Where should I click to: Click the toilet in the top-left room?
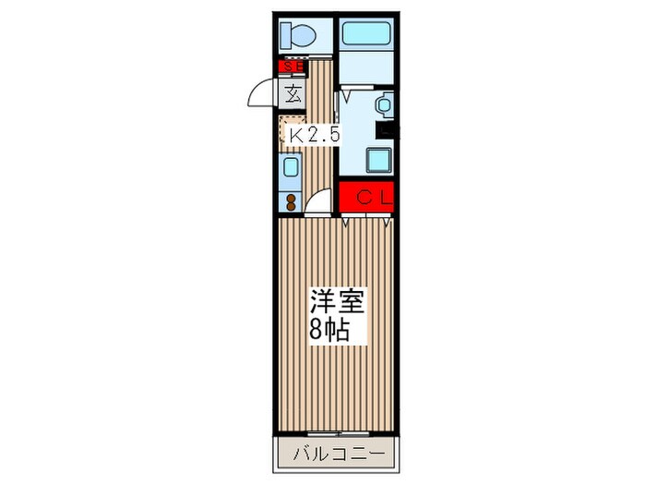click(298, 36)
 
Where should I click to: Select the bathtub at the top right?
click(366, 34)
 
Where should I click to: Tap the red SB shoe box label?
click(293, 66)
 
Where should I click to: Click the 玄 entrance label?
click(293, 92)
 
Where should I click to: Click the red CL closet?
click(366, 197)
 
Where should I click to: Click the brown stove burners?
click(291, 200)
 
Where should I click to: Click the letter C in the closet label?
click(365, 197)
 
